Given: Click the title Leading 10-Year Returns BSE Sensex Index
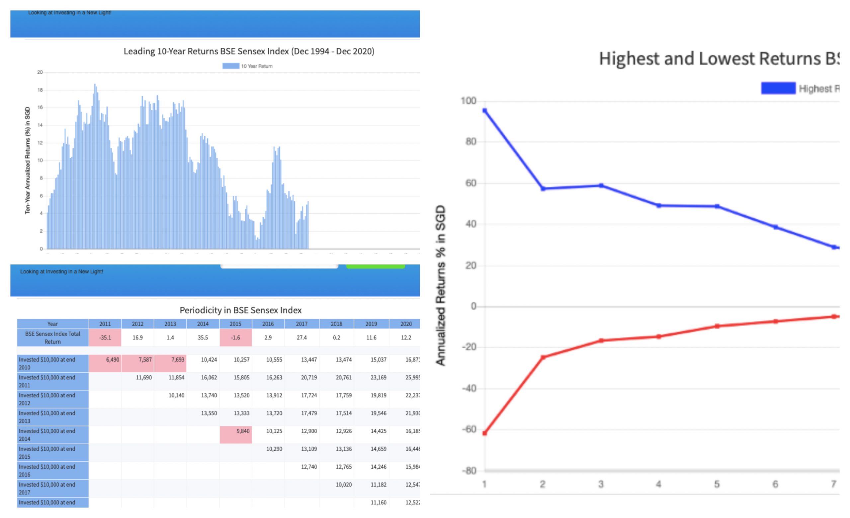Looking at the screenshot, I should pos(249,51).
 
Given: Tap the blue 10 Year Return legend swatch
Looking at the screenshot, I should pos(230,66).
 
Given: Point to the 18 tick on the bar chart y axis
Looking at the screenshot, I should pos(40,90).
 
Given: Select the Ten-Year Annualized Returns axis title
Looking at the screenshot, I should pos(27,160).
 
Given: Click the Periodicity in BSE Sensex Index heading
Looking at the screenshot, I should pos(240,310).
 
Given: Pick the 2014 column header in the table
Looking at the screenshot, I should pos(203,324).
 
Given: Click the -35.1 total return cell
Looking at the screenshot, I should pos(105,337).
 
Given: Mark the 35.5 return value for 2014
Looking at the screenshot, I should pos(203,337).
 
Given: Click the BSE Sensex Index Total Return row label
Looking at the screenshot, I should pos(52,337).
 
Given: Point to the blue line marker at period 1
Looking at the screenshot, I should pos(484,111).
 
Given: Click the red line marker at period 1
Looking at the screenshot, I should pos(484,433).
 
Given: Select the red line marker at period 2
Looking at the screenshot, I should pos(543,357).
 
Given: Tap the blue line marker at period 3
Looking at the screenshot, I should pos(601,185).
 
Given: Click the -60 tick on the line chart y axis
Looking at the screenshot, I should pos(470,429).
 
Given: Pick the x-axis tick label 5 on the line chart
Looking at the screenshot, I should pos(717,484).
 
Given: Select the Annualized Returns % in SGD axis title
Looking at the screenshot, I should pos(441,285).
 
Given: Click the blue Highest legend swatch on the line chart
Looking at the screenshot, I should pos(778,88).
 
